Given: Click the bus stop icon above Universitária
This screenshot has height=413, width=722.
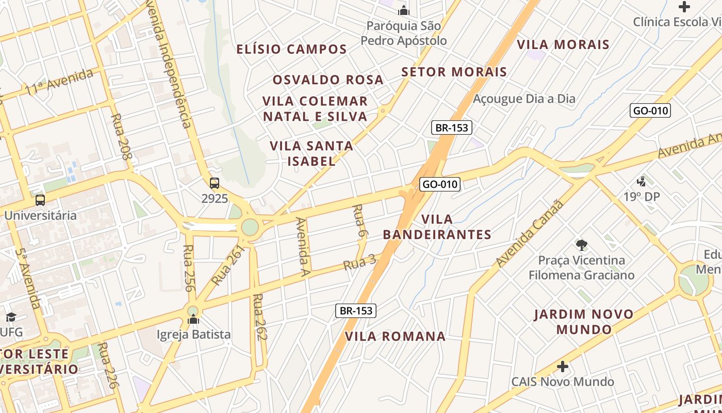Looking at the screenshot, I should point(40,200).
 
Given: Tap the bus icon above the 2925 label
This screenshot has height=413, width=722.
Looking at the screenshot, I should point(215,183).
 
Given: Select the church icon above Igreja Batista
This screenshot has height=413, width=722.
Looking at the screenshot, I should point(193,320).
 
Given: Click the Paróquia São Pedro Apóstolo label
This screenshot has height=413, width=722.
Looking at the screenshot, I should point(404,33).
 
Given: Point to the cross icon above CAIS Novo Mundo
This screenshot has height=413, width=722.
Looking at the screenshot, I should point(563,367).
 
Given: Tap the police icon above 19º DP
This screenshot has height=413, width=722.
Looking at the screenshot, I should point(642,182).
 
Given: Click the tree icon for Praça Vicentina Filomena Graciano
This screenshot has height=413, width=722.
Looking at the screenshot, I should point(582,245).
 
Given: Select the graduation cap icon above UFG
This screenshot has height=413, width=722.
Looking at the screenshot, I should point(11,317).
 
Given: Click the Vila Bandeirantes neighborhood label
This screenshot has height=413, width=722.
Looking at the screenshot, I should point(437,227).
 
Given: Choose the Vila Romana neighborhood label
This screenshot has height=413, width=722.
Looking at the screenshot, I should point(395,337).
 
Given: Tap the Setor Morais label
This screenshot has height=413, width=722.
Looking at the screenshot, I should point(454,72).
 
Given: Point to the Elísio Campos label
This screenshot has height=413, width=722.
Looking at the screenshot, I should point(291,50).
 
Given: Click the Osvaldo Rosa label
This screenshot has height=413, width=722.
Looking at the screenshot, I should point(328,80).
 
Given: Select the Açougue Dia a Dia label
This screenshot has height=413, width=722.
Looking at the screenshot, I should point(524,99).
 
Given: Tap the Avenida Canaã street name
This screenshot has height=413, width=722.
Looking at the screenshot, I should point(530,233).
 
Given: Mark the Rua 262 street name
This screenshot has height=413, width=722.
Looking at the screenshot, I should point(260,317).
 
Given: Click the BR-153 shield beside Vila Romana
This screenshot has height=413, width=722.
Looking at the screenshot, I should point(356,311).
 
